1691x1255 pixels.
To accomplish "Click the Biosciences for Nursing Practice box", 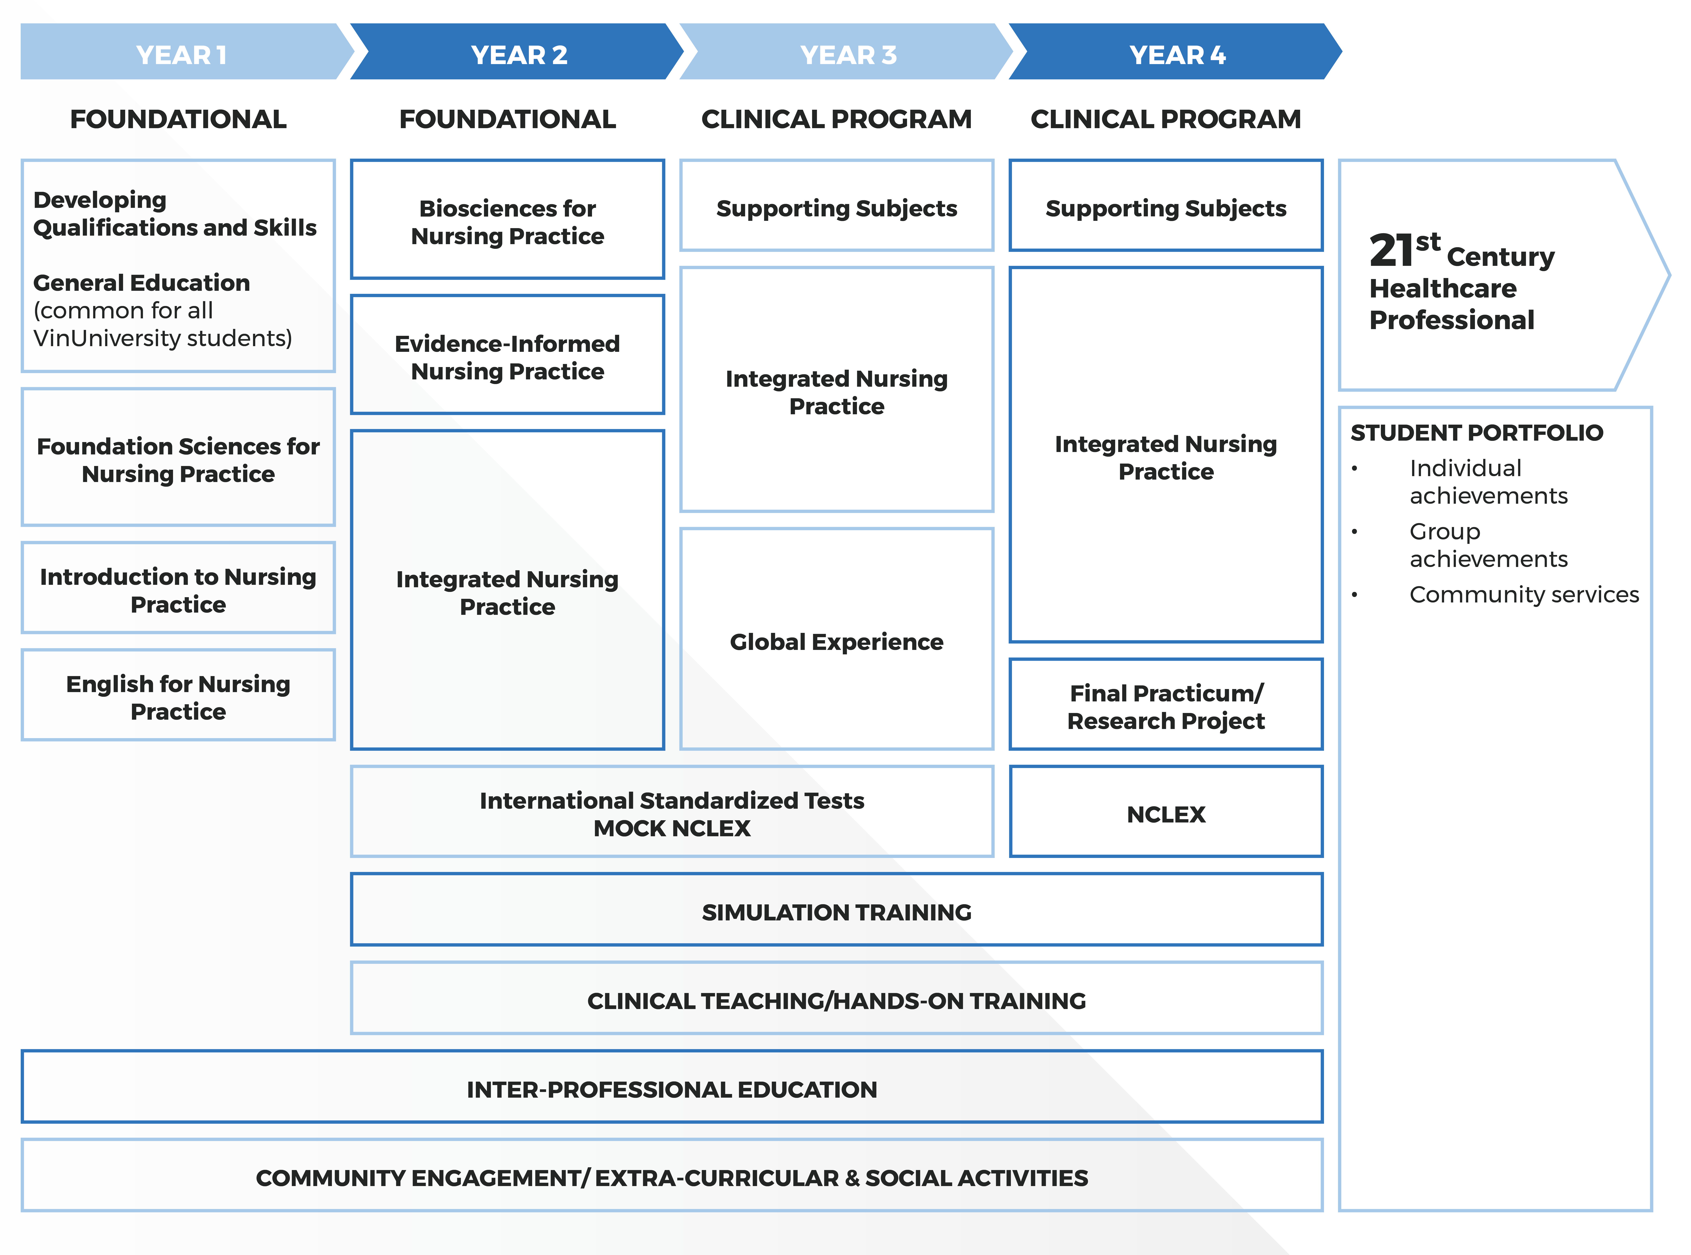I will [507, 220].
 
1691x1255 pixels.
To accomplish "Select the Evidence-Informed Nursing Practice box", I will [507, 355].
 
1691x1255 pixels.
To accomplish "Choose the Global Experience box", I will [836, 640].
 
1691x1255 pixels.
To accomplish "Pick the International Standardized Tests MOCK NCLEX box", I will [672, 813].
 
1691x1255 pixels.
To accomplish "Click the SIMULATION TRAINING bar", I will [836, 911].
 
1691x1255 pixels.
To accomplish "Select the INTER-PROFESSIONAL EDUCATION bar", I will [672, 1088].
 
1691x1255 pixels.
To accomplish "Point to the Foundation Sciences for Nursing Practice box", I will [178, 458].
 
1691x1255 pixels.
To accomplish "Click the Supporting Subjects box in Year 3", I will [836, 207].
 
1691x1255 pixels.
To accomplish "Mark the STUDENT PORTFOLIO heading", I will [1476, 432].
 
